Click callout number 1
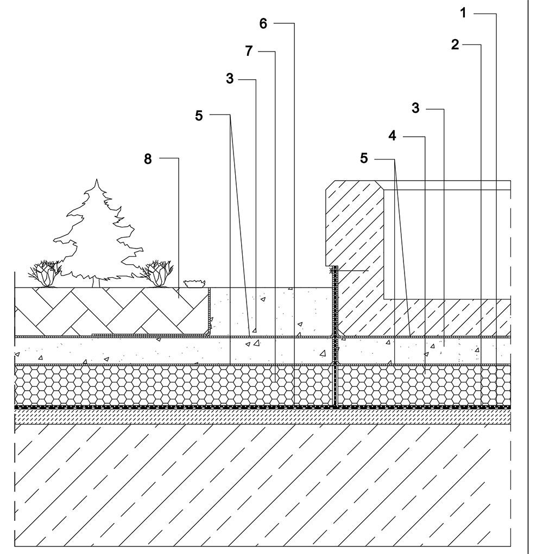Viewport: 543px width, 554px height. (x=464, y=13)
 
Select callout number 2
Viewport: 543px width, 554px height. (x=455, y=44)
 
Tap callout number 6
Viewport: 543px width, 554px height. (x=263, y=23)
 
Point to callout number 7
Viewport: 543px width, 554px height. (x=249, y=51)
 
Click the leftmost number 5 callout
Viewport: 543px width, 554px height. (x=199, y=115)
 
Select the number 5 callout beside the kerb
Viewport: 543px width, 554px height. (x=364, y=158)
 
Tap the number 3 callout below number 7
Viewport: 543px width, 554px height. (x=230, y=78)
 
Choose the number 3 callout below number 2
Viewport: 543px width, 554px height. (x=416, y=107)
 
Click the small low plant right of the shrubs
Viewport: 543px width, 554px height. (x=194, y=284)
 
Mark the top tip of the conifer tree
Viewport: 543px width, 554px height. (x=97, y=180)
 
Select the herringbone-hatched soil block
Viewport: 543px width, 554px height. (x=111, y=311)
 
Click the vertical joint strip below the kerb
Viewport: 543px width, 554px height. (x=335, y=336)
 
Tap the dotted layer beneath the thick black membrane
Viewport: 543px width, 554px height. (x=263, y=416)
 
